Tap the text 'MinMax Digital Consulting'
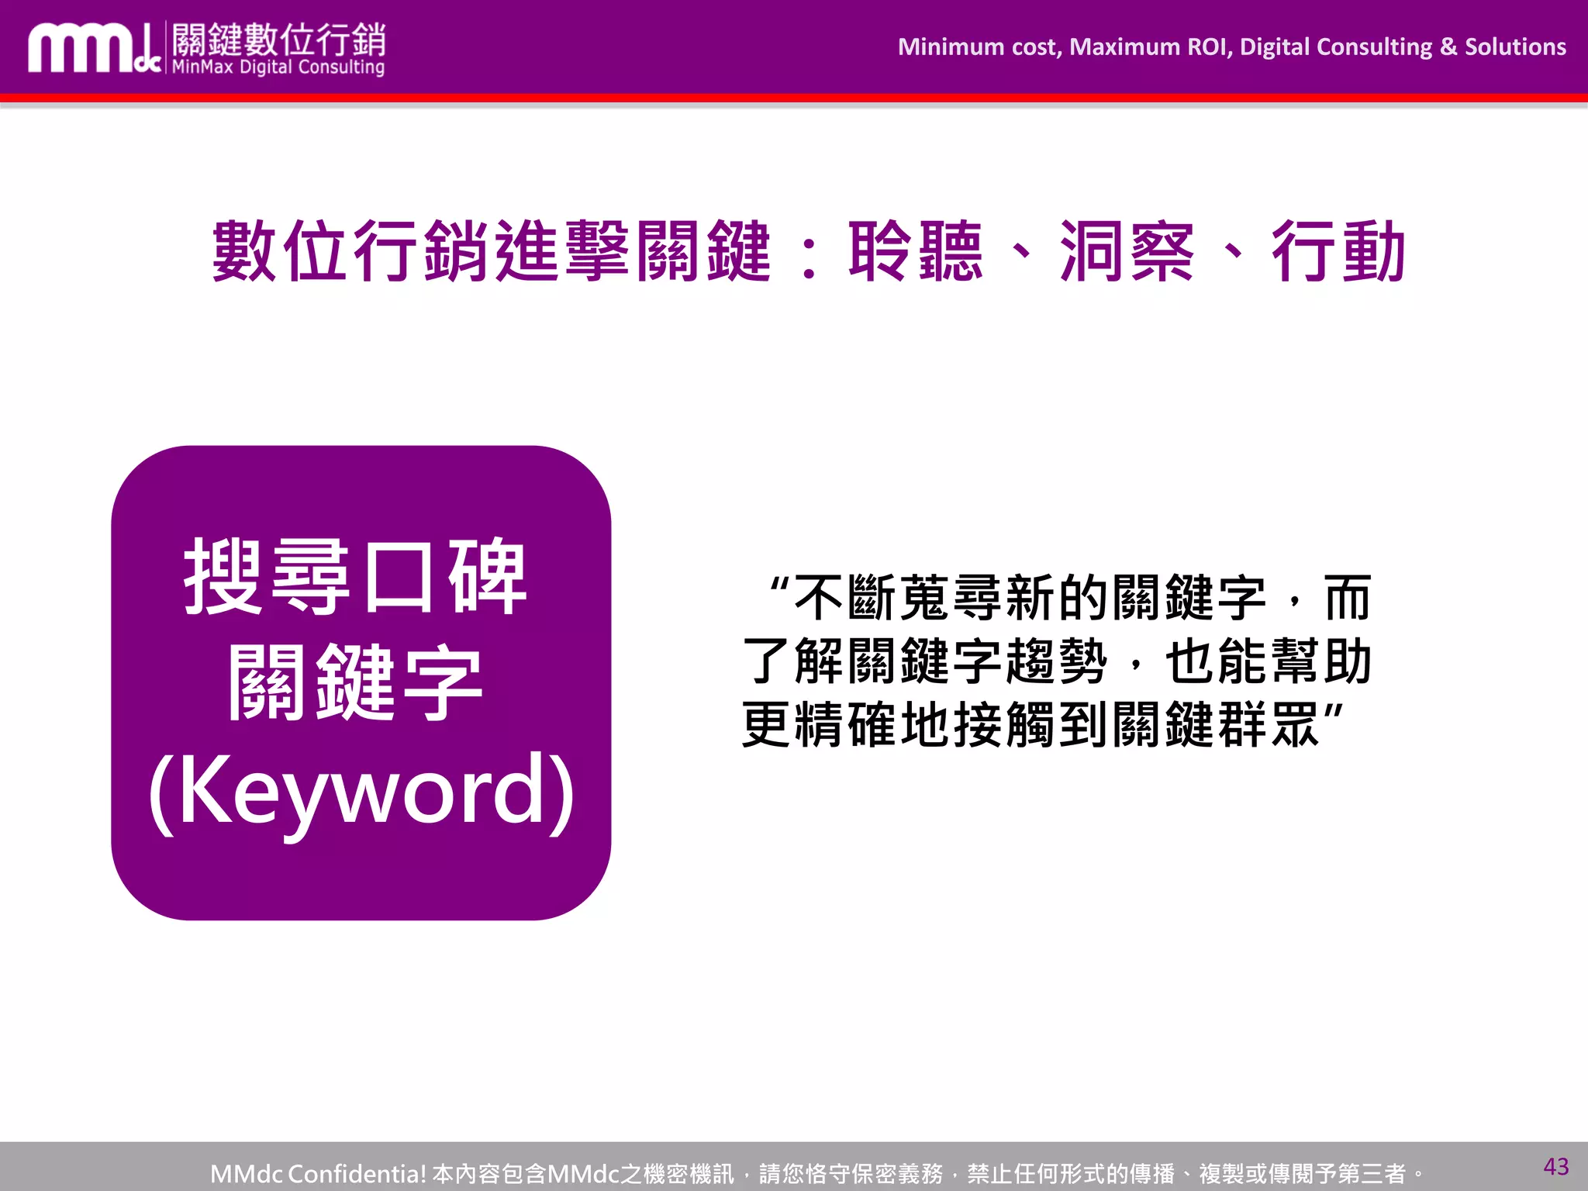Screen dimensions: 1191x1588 click(x=278, y=67)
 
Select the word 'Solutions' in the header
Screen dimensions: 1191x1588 click(x=1515, y=47)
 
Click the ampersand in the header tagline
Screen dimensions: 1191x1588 click(x=1448, y=47)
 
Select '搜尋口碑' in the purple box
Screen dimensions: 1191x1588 click(x=355, y=577)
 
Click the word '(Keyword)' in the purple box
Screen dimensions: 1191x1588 click(x=361, y=791)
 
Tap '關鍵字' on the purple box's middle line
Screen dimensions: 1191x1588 click(x=355, y=682)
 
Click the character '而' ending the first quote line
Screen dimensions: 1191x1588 click(x=1348, y=599)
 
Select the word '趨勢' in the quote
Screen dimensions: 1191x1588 click(x=1056, y=661)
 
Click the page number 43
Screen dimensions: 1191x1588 click(x=1555, y=1166)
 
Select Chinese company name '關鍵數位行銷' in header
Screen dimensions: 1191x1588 click(x=278, y=39)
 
